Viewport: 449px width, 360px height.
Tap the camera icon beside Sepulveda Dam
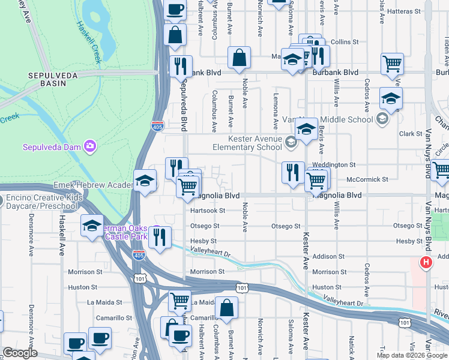(90, 146)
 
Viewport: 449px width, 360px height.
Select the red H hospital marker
(426, 262)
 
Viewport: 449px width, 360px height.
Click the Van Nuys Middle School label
(343, 119)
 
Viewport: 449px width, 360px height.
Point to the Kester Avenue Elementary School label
(247, 143)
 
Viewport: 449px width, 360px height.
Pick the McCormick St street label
(367, 179)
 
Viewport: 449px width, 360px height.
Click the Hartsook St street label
(207, 211)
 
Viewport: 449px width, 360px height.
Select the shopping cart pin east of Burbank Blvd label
(392, 63)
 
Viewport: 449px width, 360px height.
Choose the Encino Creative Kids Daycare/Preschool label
(39, 202)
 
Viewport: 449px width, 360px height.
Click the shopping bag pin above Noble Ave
(239, 59)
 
